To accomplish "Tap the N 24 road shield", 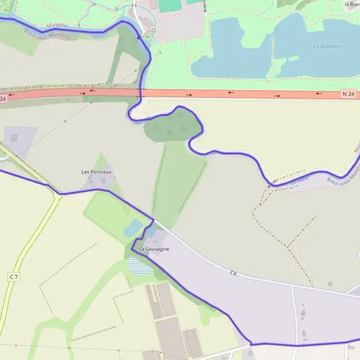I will tap(349, 94).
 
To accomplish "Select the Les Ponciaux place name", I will tap(97, 172).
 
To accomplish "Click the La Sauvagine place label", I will tap(154, 249).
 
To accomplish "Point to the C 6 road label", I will tap(233, 274).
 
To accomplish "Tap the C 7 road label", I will tap(14, 277).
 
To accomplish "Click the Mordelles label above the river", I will tap(56, 25).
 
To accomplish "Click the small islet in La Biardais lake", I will tap(293, 58).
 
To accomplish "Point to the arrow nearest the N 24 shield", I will tap(318, 94).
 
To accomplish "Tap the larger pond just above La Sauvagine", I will tap(133, 228).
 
